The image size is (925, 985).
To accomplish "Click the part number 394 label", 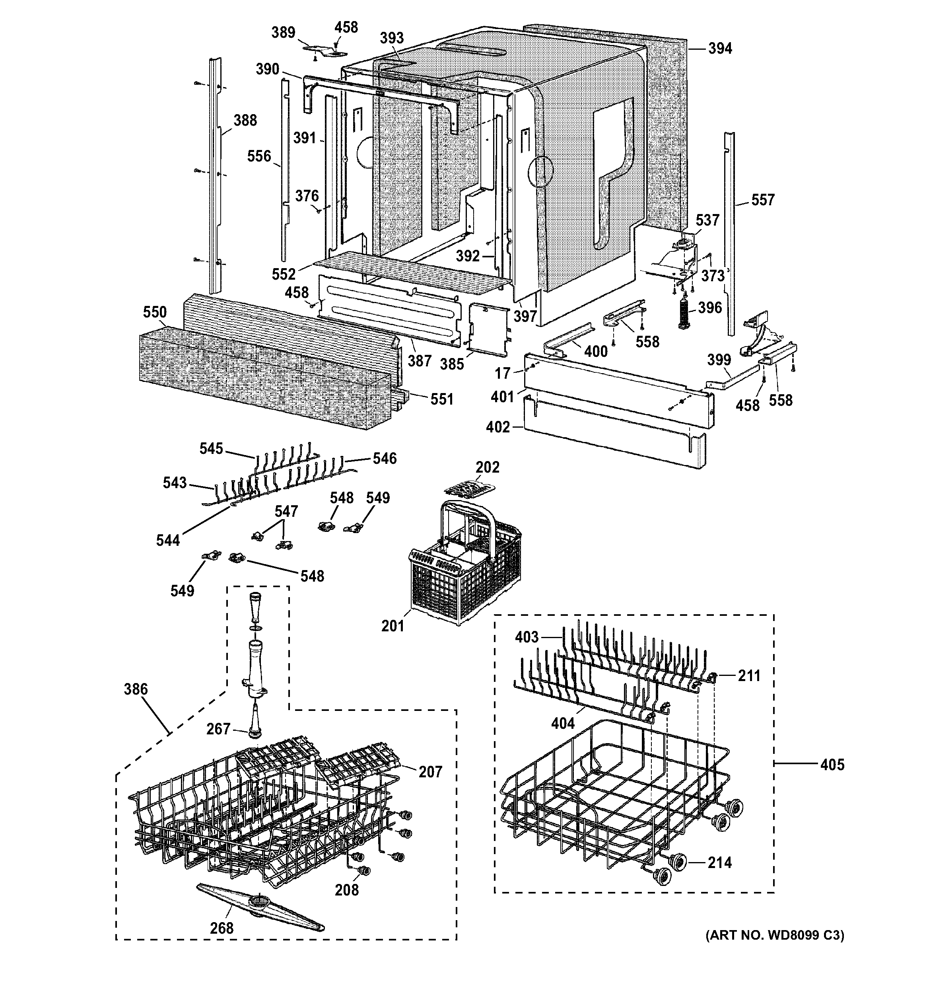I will pyautogui.click(x=719, y=49).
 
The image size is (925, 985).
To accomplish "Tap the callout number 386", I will pyautogui.click(x=136, y=689).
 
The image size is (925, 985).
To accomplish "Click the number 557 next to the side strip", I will pyautogui.click(x=763, y=200).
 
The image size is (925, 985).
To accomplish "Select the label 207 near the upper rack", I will pyautogui.click(x=430, y=771).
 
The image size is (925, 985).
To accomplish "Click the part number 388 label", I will pyautogui.click(x=245, y=121).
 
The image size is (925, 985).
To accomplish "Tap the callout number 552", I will pyautogui.click(x=284, y=274).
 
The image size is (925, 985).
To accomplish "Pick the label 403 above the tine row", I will pyautogui.click(x=527, y=637).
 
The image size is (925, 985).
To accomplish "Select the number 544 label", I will pyautogui.click(x=168, y=540).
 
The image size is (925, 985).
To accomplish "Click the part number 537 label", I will pyautogui.click(x=707, y=220).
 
